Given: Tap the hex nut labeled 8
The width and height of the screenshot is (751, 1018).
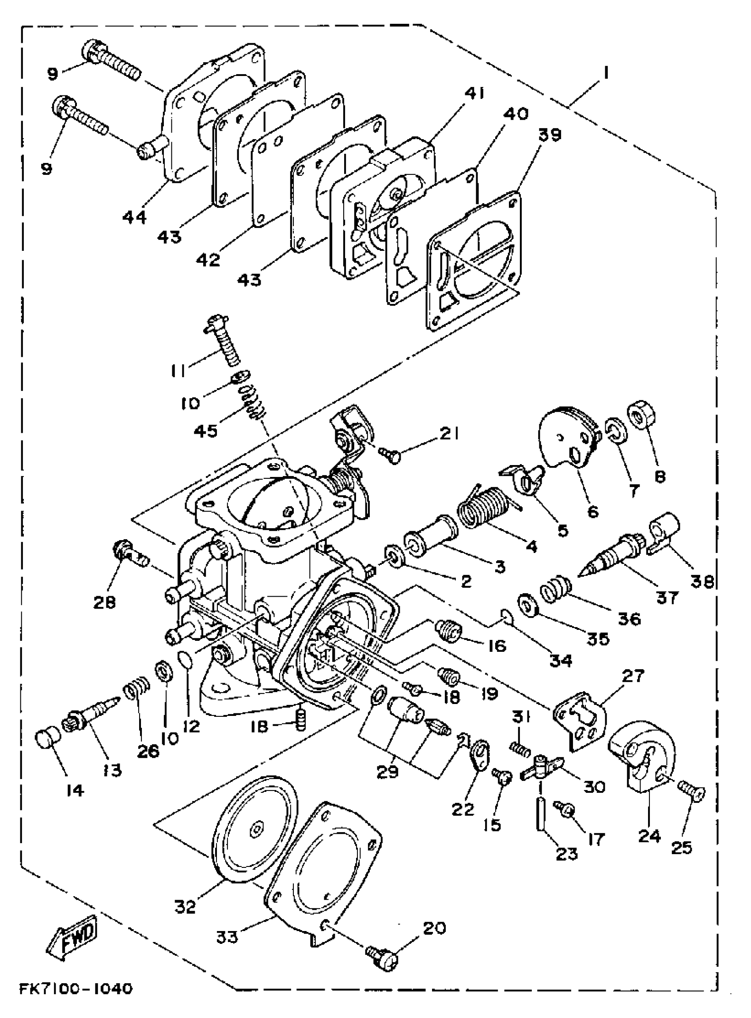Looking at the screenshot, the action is pos(640,413).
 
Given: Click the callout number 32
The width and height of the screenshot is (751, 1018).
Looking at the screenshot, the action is pos(185,908).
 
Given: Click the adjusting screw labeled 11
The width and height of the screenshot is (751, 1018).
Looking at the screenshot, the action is pos(222,341).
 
